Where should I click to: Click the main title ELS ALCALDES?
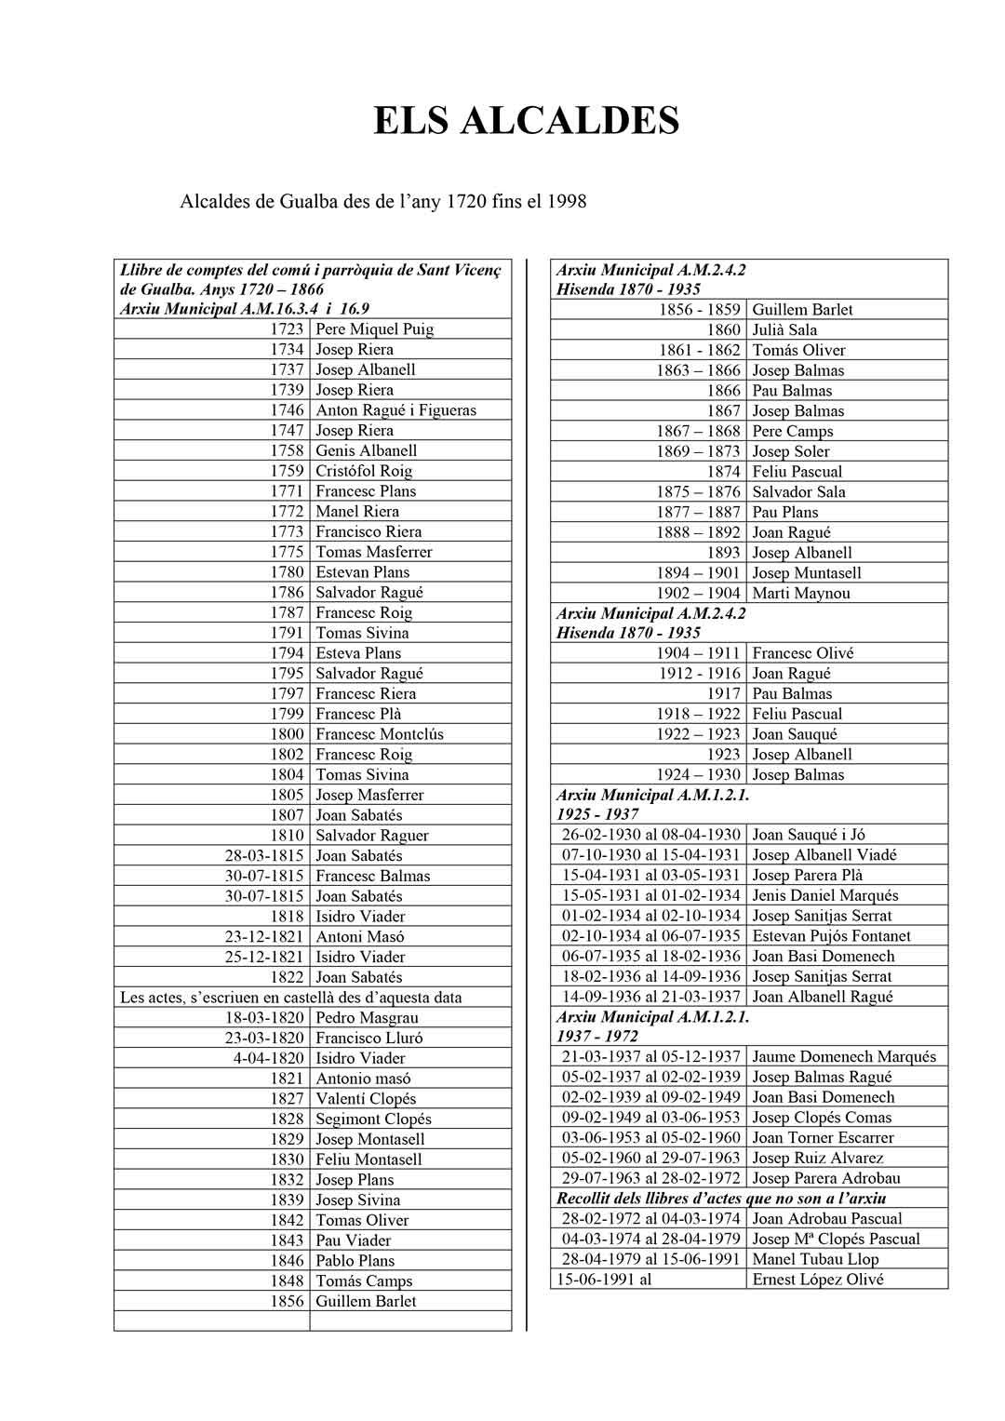tap(526, 121)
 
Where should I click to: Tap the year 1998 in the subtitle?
tap(566, 201)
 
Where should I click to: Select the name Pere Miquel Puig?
tap(374, 329)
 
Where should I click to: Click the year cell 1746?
tap(288, 410)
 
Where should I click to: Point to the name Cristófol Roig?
tap(364, 471)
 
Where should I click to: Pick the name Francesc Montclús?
tap(380, 734)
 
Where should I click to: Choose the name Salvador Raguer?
tap(370, 836)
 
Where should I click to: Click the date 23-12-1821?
tap(264, 937)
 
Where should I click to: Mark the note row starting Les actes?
tap(291, 998)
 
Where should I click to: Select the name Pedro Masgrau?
tap(367, 1018)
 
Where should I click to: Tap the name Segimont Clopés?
tap(373, 1119)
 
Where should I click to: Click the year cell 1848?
tap(288, 1281)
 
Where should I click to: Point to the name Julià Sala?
tap(784, 330)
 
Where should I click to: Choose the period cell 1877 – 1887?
tap(698, 513)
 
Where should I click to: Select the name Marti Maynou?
tap(800, 594)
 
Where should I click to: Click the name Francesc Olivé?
tap(802, 654)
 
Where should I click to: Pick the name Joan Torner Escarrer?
tap(823, 1138)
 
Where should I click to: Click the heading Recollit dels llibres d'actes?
tap(721, 1199)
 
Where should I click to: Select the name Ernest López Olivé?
tap(818, 1280)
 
